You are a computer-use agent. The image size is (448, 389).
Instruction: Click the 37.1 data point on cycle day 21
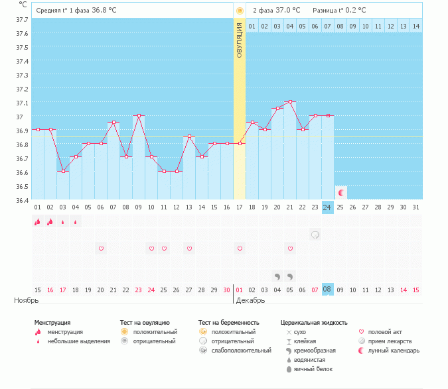[290, 101]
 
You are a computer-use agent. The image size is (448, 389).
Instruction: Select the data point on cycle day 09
[139, 115]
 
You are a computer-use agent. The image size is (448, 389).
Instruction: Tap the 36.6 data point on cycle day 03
[63, 171]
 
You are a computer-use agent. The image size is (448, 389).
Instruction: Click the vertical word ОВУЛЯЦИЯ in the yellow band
[240, 40]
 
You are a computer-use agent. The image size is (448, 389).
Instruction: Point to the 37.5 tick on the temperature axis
[23, 47]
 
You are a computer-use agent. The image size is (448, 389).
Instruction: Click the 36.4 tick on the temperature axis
[23, 201]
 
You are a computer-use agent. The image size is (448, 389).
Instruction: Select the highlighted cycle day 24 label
[327, 207]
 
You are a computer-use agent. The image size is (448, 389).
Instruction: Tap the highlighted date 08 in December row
[327, 290]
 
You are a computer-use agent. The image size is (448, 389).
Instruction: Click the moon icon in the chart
[340, 193]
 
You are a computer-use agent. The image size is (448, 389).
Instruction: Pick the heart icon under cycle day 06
[101, 249]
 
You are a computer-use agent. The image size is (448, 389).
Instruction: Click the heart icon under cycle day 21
[290, 249]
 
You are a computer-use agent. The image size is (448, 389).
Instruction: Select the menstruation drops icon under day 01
[37, 221]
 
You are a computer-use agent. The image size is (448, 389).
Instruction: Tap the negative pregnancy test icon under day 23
[315, 235]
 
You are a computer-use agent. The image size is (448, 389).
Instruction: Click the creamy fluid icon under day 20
[277, 276]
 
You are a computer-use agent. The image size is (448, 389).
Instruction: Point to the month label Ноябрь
[27, 300]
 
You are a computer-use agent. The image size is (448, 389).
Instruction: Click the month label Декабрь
[251, 300]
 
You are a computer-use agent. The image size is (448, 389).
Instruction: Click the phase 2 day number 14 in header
[416, 27]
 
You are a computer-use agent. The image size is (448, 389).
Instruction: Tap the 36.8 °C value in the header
[104, 10]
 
